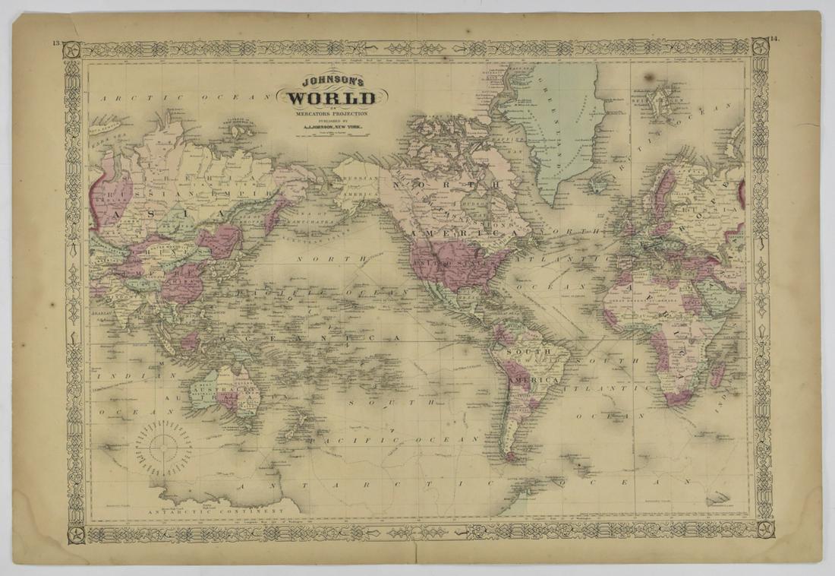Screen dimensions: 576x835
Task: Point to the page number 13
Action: (x=56, y=43)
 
